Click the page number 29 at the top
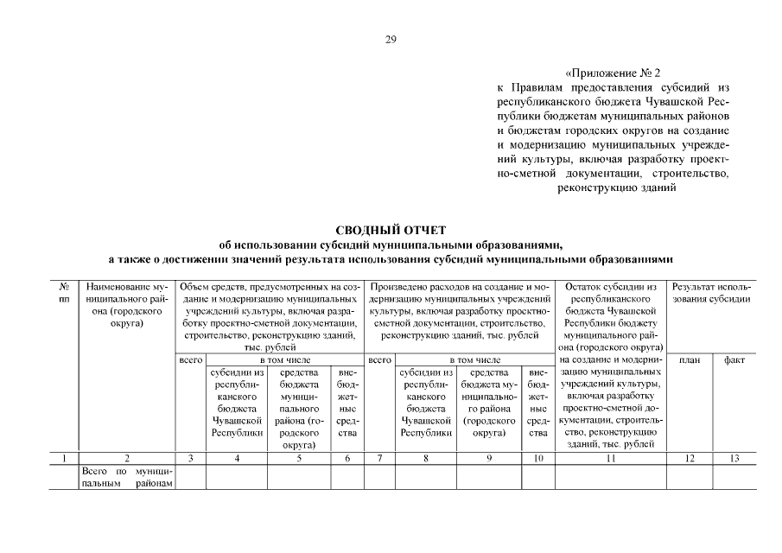coord(390,39)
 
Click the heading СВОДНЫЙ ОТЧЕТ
coord(390,229)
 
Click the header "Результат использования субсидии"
coord(711,292)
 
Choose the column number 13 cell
coord(734,458)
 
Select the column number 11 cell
coord(610,458)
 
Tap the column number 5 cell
coord(298,458)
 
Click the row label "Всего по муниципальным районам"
coord(126,477)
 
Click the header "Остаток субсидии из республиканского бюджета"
coord(610,310)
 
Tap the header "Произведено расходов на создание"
coord(459,310)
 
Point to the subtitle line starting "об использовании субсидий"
coord(390,244)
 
